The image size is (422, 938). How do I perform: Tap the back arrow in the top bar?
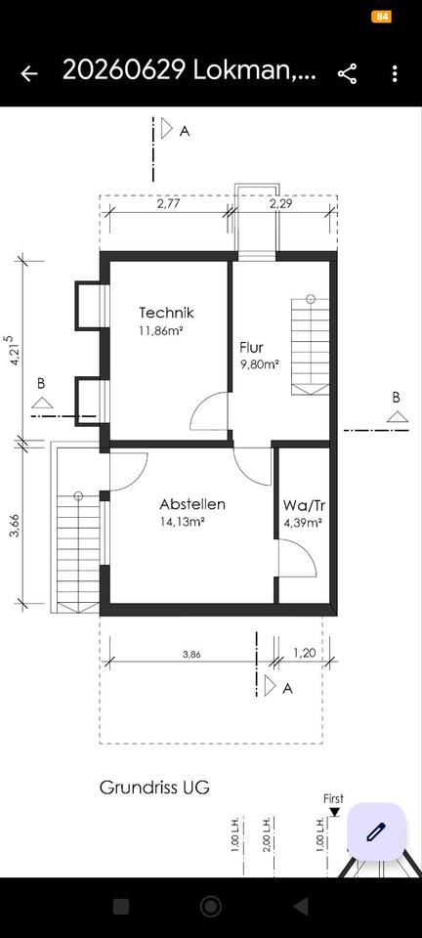(28, 73)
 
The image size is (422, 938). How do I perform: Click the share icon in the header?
(348, 73)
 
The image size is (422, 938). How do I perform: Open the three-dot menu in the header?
(395, 73)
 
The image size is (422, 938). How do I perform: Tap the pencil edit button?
(376, 831)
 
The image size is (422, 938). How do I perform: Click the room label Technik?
(167, 313)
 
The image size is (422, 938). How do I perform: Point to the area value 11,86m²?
(161, 330)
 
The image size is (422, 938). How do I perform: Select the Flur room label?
(252, 347)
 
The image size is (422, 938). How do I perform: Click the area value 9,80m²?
(260, 364)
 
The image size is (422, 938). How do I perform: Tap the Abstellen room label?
(192, 504)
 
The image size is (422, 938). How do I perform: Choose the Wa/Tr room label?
(304, 505)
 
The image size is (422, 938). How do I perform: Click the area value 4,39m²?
(303, 522)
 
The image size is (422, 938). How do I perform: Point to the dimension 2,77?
(169, 203)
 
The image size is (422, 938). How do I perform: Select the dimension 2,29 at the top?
(281, 203)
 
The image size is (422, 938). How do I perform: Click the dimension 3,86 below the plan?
(191, 655)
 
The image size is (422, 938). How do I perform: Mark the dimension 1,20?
(304, 654)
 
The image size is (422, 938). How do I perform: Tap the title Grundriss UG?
(154, 788)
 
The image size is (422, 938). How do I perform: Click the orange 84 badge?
(381, 17)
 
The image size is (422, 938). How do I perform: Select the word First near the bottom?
(333, 798)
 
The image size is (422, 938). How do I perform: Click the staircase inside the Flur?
(311, 345)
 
